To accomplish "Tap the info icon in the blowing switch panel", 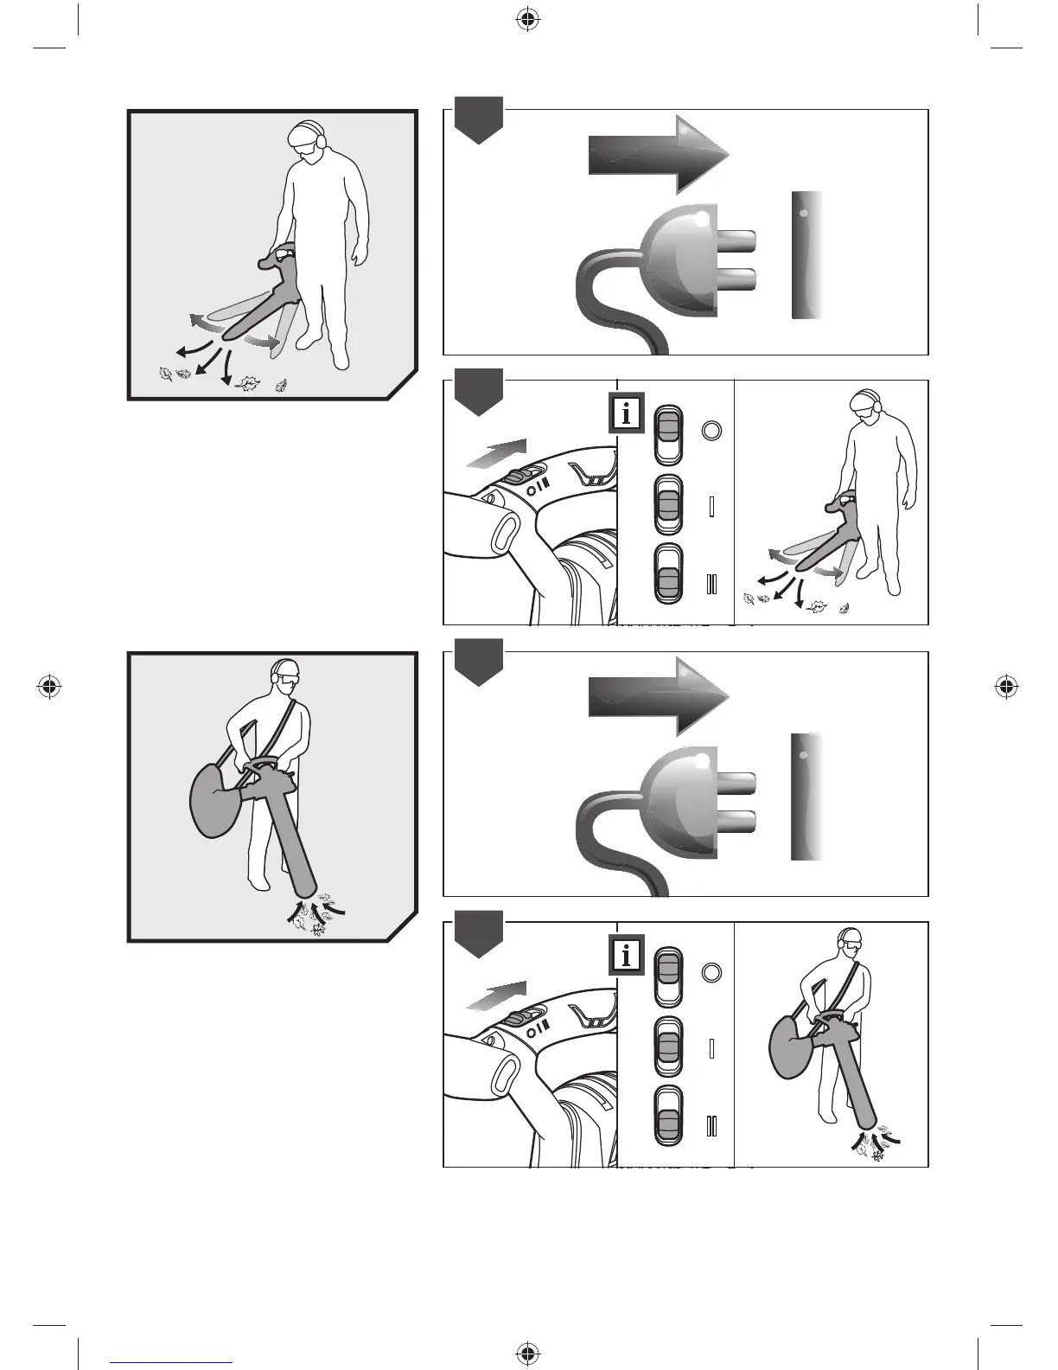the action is pos(627,414).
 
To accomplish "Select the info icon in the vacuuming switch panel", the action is pos(627,956).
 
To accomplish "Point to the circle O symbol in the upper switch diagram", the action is pos(711,430).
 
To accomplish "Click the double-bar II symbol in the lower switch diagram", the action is pos(711,1126).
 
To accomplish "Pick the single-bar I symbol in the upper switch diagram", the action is pos(711,506).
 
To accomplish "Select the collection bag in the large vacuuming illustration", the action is pos(213,800).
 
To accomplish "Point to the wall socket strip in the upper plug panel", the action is pos(806,255).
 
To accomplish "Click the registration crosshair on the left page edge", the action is pos(49,687).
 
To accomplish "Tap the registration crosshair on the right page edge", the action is pos(1005,687).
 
